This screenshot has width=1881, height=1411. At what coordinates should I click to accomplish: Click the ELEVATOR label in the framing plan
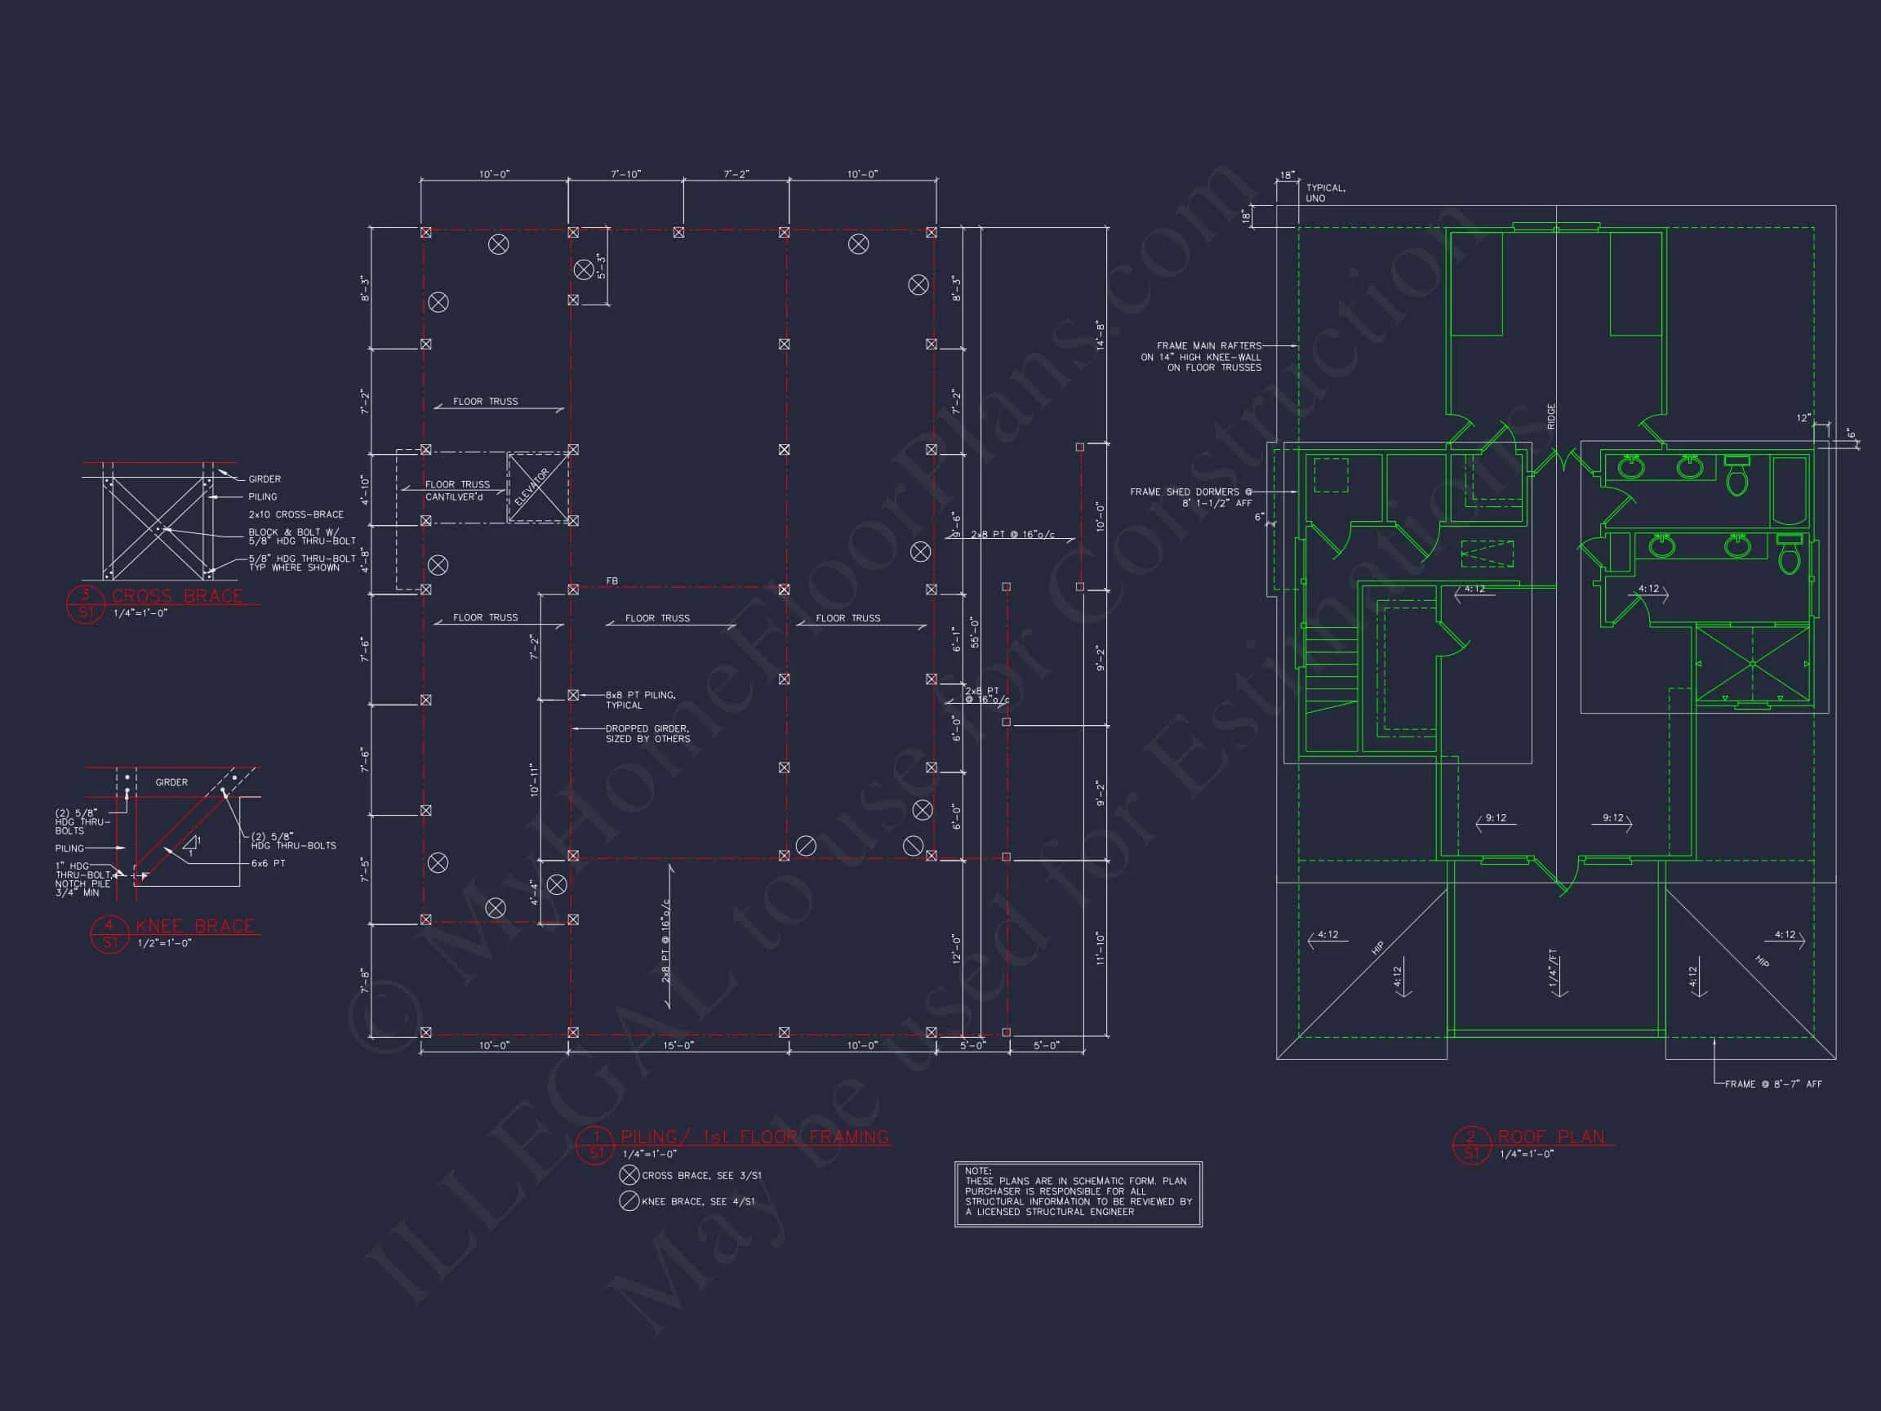(x=533, y=487)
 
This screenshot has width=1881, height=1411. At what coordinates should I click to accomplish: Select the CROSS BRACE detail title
(x=177, y=596)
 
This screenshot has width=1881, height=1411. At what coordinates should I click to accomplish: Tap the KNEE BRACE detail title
(x=195, y=926)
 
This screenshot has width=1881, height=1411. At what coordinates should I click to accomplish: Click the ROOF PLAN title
(x=1551, y=1137)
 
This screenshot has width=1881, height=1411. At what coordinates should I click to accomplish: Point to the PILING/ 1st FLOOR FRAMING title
(x=754, y=1137)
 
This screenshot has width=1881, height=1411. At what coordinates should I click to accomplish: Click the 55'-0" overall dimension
(x=975, y=632)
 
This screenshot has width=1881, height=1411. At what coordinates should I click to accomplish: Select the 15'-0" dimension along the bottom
(x=678, y=1045)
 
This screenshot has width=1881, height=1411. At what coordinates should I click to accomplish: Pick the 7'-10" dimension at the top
(x=626, y=175)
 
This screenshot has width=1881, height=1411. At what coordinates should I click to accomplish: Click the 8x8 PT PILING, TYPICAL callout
(x=640, y=700)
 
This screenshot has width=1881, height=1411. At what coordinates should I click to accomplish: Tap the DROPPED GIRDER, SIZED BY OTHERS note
(x=647, y=734)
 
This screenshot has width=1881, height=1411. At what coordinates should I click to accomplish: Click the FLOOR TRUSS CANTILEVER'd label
(x=457, y=490)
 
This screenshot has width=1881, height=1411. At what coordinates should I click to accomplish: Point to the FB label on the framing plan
(x=611, y=581)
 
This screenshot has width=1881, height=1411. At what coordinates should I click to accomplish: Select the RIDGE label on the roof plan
(x=1551, y=416)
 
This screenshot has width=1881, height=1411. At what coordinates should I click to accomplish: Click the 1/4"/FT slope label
(x=1552, y=968)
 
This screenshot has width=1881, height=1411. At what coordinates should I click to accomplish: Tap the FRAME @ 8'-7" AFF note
(x=1773, y=1084)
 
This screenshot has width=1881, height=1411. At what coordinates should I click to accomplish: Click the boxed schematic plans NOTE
(x=1078, y=1193)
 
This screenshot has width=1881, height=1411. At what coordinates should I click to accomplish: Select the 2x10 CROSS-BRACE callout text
(x=296, y=514)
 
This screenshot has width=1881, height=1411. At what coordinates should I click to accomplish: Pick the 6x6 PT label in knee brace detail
(x=268, y=863)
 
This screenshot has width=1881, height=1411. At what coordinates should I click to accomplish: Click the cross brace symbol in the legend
(x=629, y=1174)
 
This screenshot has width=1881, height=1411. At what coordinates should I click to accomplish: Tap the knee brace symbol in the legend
(x=629, y=1201)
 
